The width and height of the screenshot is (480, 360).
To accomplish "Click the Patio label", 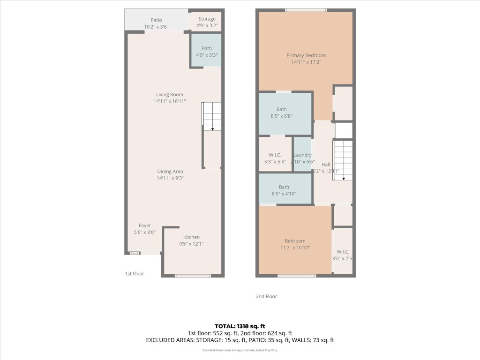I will (x=156, y=20).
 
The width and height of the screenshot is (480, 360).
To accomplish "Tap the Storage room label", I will (x=207, y=19).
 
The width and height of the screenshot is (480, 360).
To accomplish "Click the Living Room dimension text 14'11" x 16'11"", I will (x=170, y=101).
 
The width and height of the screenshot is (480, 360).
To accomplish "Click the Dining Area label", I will (x=170, y=172).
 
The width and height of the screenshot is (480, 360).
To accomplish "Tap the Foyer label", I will (x=144, y=225).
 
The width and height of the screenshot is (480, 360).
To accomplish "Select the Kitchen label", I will (x=191, y=237).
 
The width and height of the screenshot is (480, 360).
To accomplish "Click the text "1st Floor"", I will (x=135, y=273).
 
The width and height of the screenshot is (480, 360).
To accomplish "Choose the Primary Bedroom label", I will (x=306, y=55).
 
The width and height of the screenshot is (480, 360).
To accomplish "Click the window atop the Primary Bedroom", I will (x=306, y=10).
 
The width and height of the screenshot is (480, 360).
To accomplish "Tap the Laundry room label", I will (x=303, y=155).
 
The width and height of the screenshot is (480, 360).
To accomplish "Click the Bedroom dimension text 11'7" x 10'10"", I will (x=295, y=247).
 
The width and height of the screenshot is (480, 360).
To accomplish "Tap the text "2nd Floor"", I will (x=266, y=296).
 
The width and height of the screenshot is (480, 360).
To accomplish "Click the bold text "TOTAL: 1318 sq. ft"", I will (x=240, y=326).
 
